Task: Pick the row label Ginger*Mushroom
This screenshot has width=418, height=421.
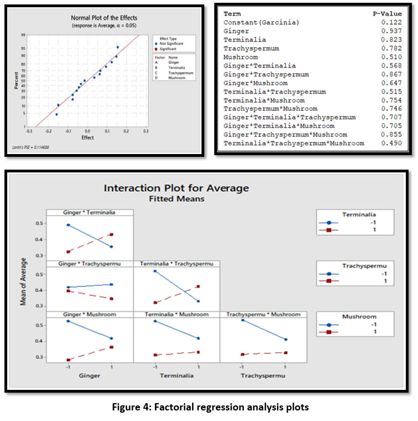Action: [255, 83]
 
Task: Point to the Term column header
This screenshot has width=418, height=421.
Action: [232, 14]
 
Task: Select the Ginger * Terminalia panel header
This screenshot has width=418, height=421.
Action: [90, 212]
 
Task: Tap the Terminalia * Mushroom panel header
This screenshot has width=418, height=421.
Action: [177, 315]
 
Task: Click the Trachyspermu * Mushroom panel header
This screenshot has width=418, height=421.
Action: [264, 315]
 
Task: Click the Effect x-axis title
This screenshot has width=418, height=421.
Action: [87, 137]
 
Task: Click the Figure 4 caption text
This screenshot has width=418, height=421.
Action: [209, 407]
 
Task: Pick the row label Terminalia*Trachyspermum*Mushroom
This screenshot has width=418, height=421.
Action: [294, 143]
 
